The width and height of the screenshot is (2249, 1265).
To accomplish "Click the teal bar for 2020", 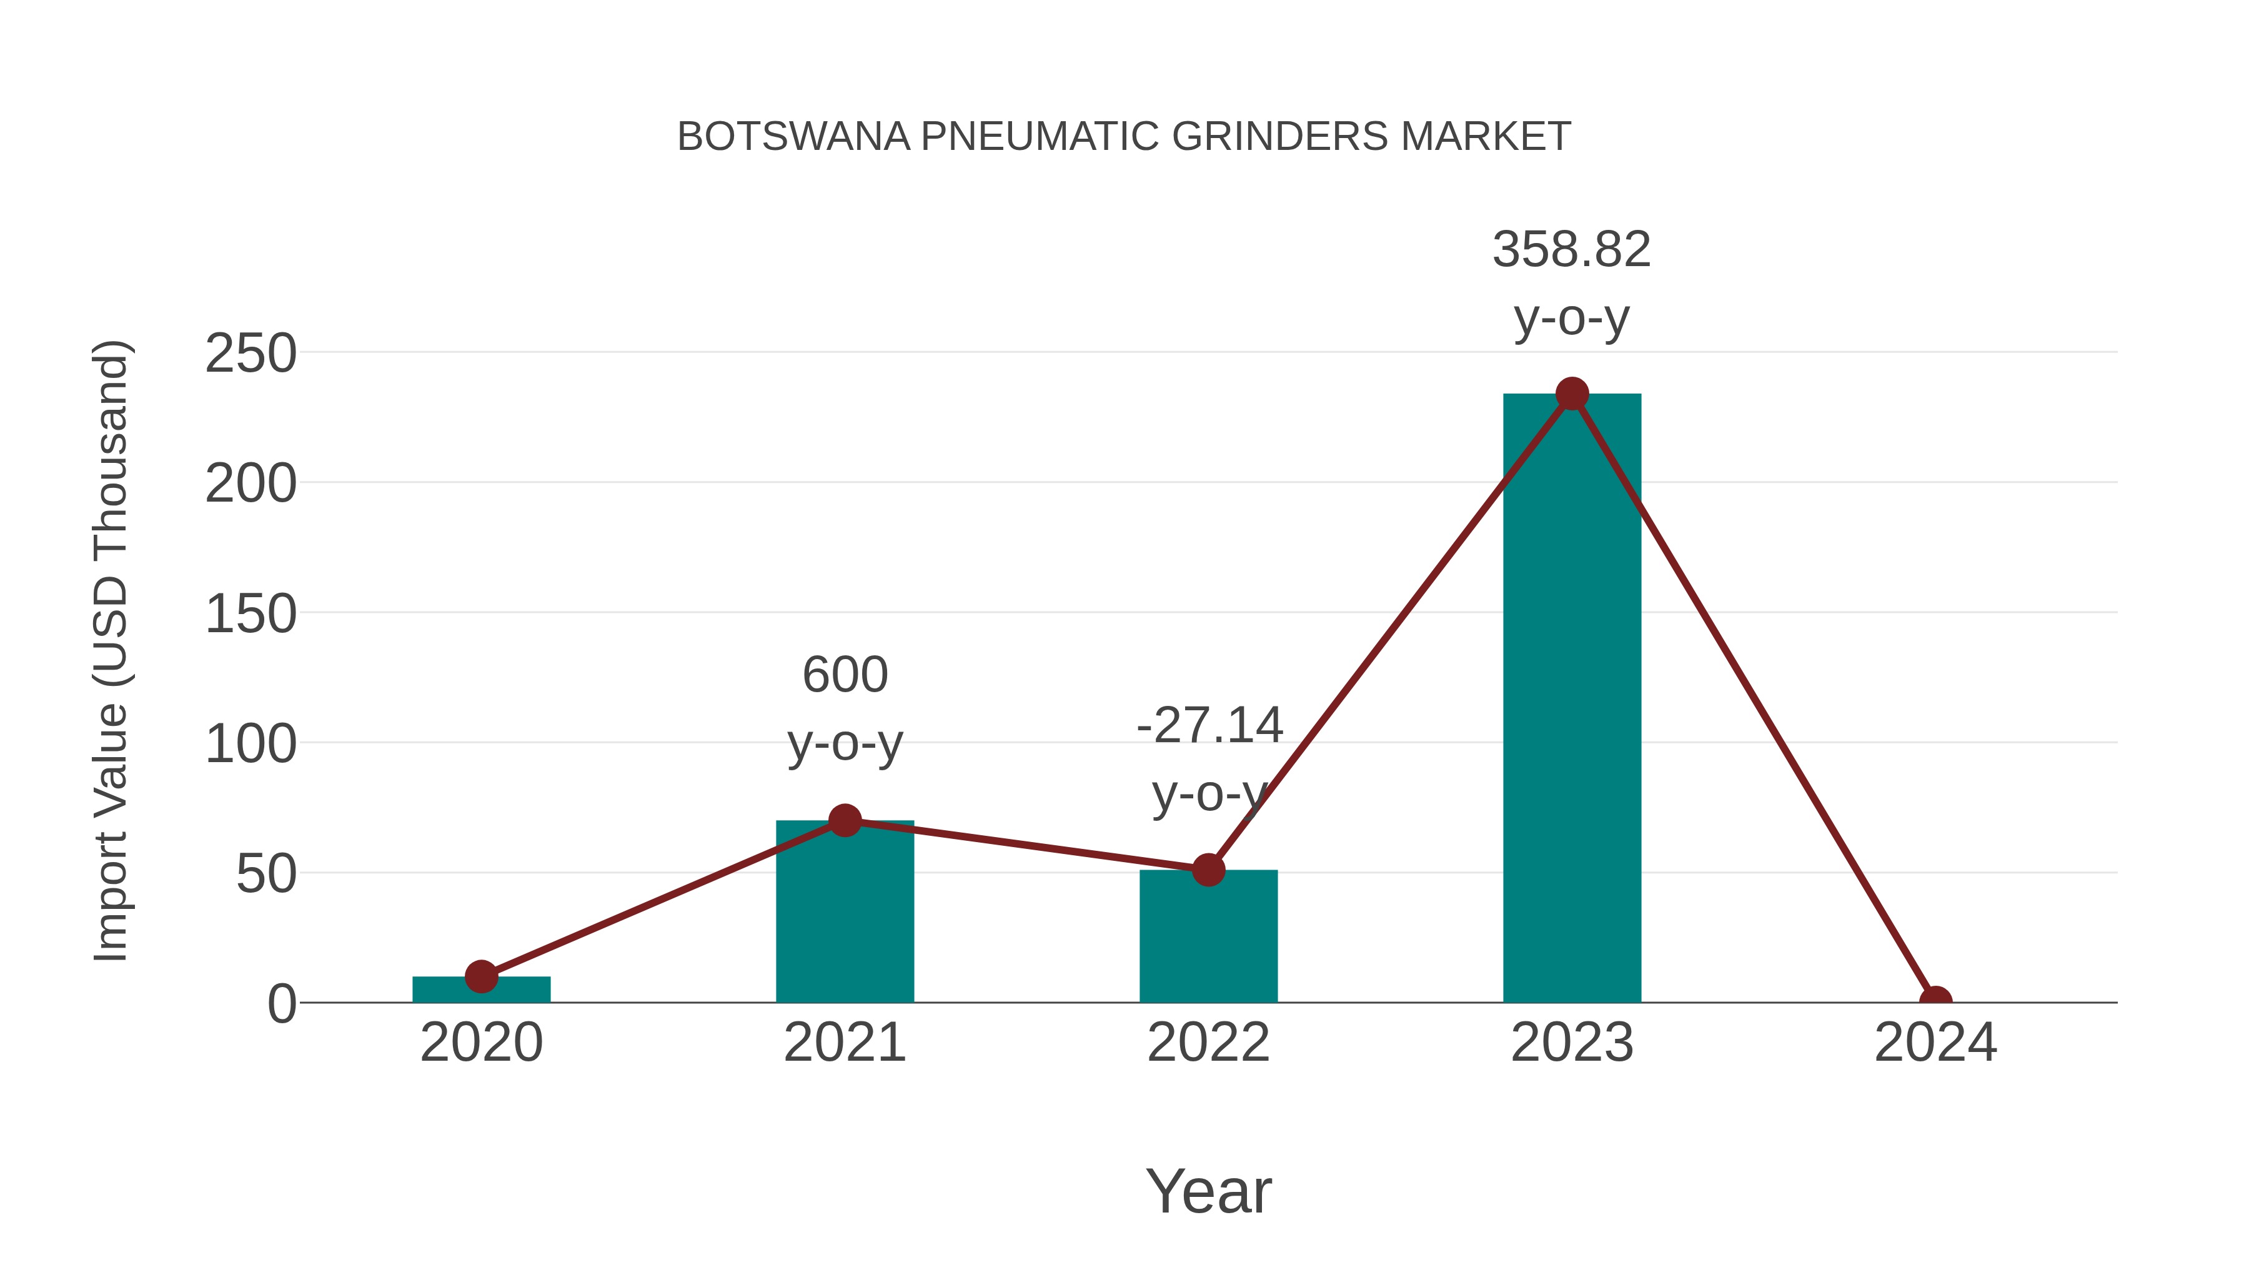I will (481, 991).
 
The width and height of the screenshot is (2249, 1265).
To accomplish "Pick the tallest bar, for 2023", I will (1572, 698).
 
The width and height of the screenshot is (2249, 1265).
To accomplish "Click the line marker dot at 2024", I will (1935, 1001).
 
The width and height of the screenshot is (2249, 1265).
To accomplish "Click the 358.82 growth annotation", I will (1572, 250).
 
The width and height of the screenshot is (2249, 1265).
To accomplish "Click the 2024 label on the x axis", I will (1935, 1043).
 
